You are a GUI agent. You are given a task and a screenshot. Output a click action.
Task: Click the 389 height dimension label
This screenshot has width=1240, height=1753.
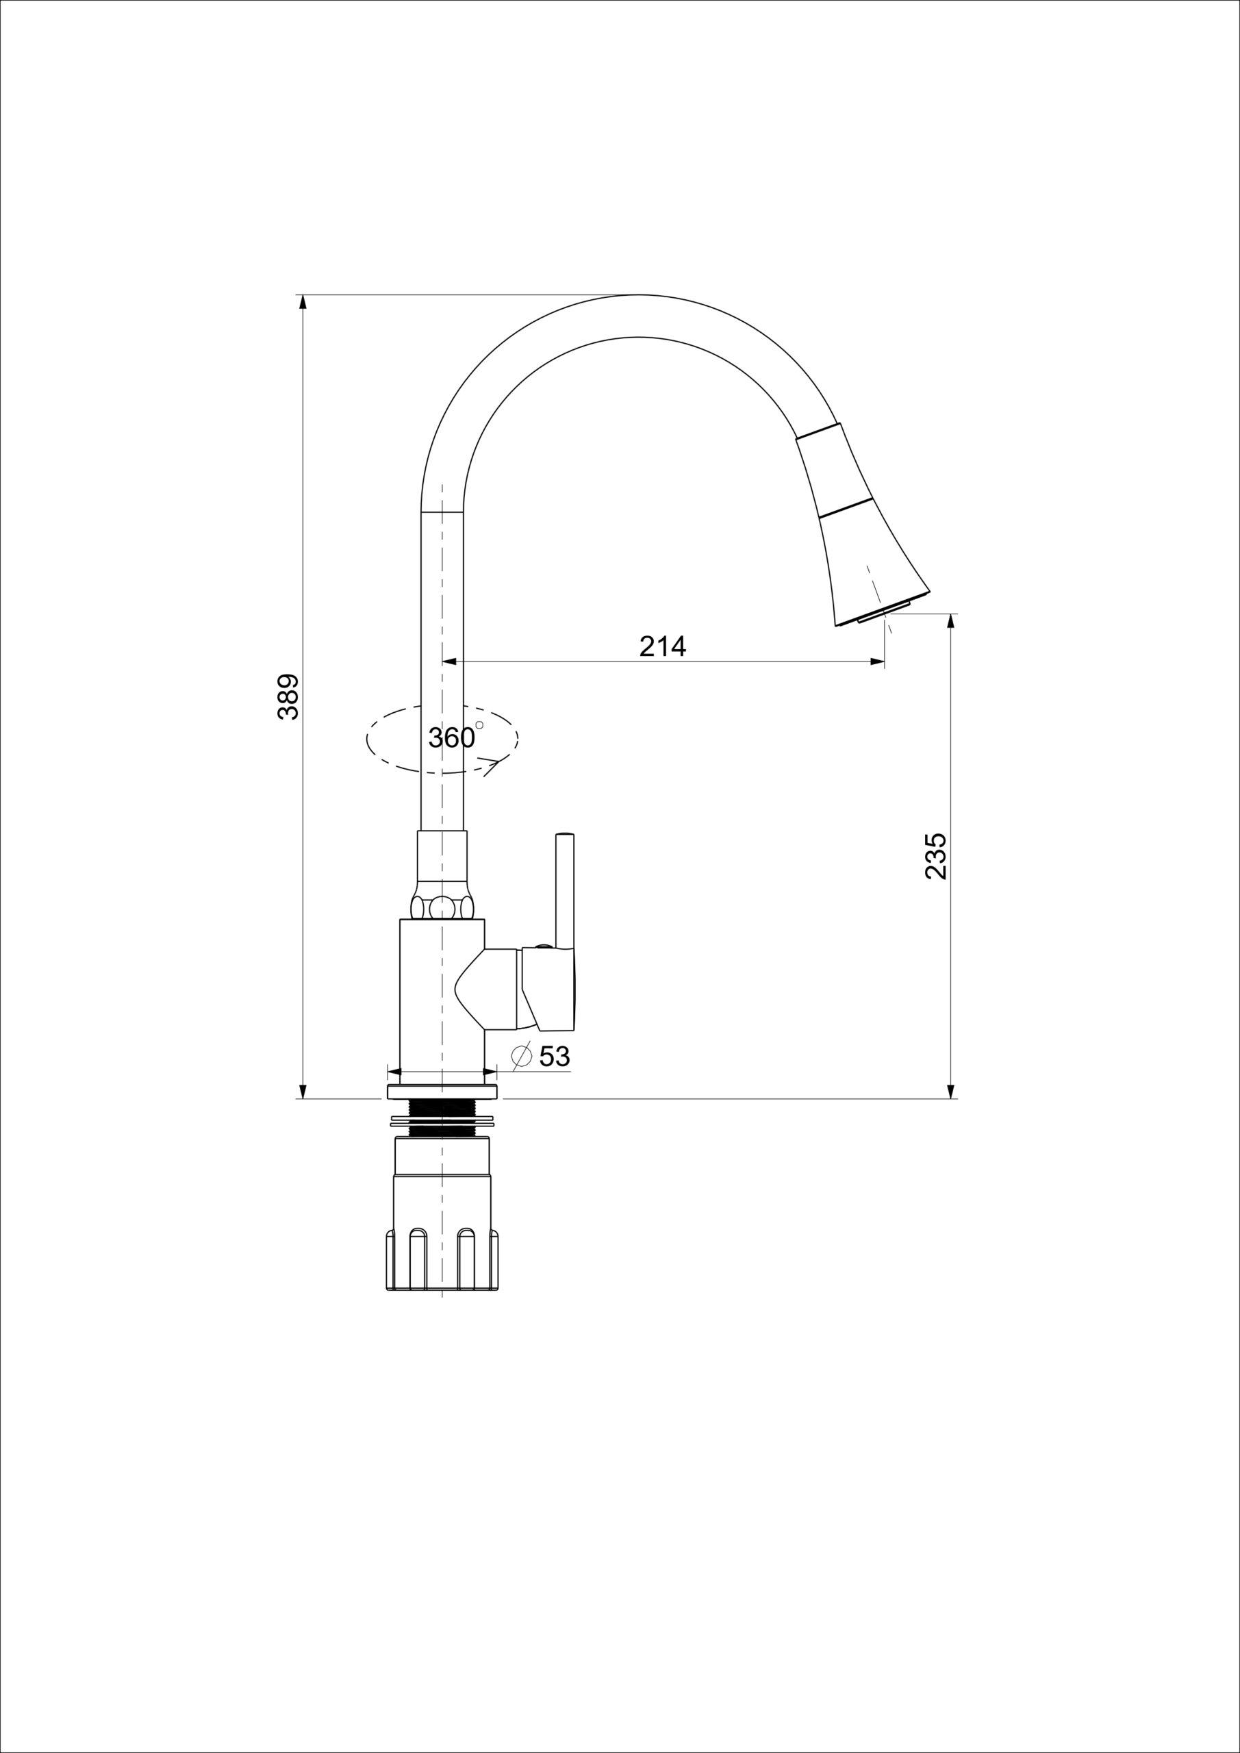coord(288,696)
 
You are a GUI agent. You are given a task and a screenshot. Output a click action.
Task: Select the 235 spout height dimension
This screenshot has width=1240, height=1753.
coord(935,856)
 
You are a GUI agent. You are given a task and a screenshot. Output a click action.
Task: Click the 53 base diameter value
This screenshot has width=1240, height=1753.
coord(555,1056)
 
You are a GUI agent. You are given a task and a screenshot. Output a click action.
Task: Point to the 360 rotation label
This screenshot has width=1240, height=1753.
coord(451,737)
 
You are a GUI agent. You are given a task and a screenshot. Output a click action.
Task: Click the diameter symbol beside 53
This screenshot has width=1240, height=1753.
coord(522,1057)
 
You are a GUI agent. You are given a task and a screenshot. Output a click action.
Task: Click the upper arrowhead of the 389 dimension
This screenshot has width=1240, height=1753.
coord(303,303)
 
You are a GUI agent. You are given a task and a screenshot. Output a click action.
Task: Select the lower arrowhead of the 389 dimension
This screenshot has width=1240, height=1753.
coord(303,1089)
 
